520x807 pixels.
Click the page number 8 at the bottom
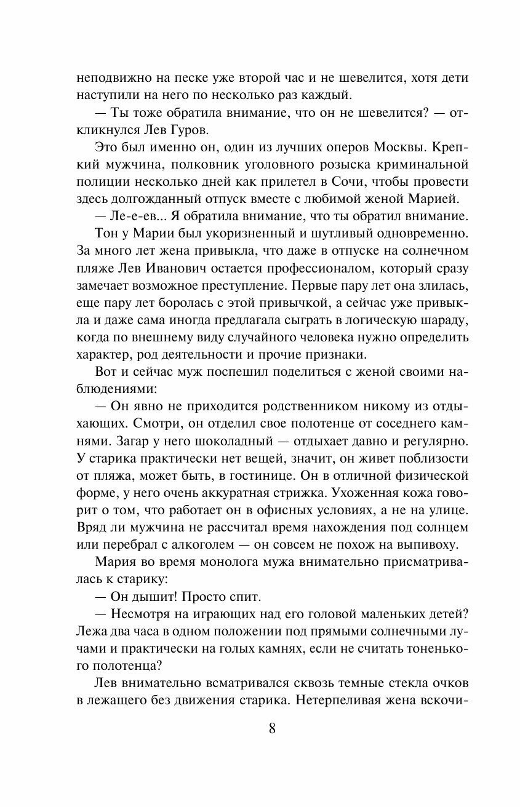pos(272,729)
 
